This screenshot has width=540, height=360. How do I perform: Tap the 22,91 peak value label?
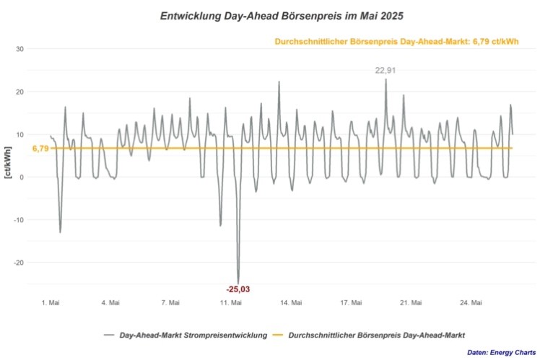coord(386,70)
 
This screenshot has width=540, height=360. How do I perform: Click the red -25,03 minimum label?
coord(238,289)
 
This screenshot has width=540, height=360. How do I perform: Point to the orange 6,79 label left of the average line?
coord(40,149)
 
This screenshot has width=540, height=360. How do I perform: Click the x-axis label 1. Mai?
coord(50,303)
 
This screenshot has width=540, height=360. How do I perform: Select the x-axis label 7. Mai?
coord(170,303)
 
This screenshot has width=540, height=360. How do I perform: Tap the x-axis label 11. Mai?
coord(231,303)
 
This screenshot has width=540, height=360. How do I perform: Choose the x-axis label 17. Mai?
coord(351,303)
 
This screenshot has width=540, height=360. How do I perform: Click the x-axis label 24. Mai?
coord(471,303)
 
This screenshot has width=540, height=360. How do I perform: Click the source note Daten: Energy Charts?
coord(501,352)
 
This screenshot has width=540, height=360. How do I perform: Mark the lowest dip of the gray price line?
coord(238,282)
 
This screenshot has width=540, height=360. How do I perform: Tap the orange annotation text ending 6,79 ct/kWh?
coord(396,42)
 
